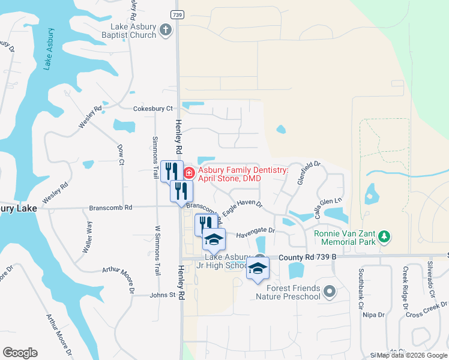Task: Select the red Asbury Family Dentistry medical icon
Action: (188, 173)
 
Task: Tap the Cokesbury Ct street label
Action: (152, 109)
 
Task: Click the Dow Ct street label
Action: (121, 154)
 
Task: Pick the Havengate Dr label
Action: (255, 230)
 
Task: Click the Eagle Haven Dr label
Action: (243, 208)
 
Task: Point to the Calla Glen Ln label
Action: (328, 208)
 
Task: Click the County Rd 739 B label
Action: (306, 257)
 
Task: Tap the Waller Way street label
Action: (88, 238)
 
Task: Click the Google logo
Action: (20, 353)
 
